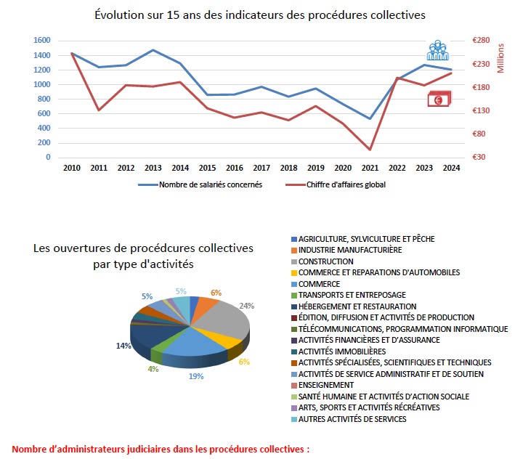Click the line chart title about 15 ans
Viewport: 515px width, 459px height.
(x=260, y=15)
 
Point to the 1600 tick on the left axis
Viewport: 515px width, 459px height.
(x=41, y=41)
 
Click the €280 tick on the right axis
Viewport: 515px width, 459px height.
(x=482, y=41)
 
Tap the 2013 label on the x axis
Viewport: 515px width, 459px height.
(x=154, y=168)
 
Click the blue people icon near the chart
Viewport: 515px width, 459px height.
(x=437, y=50)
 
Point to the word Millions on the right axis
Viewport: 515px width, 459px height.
(x=500, y=57)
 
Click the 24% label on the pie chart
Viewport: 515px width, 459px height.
(x=247, y=306)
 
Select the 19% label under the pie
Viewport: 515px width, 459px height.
(x=197, y=376)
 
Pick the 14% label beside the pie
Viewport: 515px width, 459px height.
(x=123, y=346)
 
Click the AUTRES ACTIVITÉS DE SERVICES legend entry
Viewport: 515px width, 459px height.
(x=352, y=419)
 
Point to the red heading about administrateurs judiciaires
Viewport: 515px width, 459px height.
(x=161, y=450)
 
